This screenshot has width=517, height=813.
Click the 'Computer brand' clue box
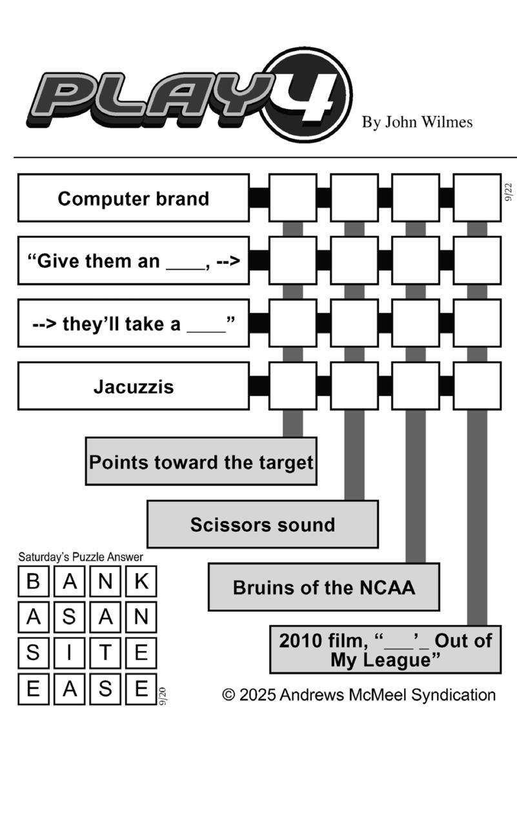pos(134,198)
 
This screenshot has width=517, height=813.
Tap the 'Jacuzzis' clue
pos(134,386)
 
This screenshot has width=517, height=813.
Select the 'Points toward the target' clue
pos(201,461)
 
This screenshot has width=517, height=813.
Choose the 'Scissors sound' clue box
pos(263,524)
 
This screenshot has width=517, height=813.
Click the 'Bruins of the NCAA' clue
pos(324,587)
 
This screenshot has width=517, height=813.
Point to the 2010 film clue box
pos(385,649)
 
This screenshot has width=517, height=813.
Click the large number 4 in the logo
pos(307,98)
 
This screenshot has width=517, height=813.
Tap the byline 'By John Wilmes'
pos(417,122)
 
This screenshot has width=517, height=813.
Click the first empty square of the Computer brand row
pos(292,198)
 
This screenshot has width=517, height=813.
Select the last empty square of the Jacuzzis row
pos(477,386)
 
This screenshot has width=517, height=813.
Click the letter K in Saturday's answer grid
pos(141,581)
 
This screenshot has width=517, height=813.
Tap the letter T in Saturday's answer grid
pos(105,652)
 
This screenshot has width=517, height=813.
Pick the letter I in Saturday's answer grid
pos(69,652)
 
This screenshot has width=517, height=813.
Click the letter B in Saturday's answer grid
pos(33,581)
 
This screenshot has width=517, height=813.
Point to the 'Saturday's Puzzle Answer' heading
pos(81,557)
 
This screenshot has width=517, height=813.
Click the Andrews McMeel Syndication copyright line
pos(359,695)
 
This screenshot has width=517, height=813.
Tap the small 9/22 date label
pos(509,192)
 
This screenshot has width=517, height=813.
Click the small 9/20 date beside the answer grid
pos(163,696)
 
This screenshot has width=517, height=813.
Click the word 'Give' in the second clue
pos(55,261)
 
